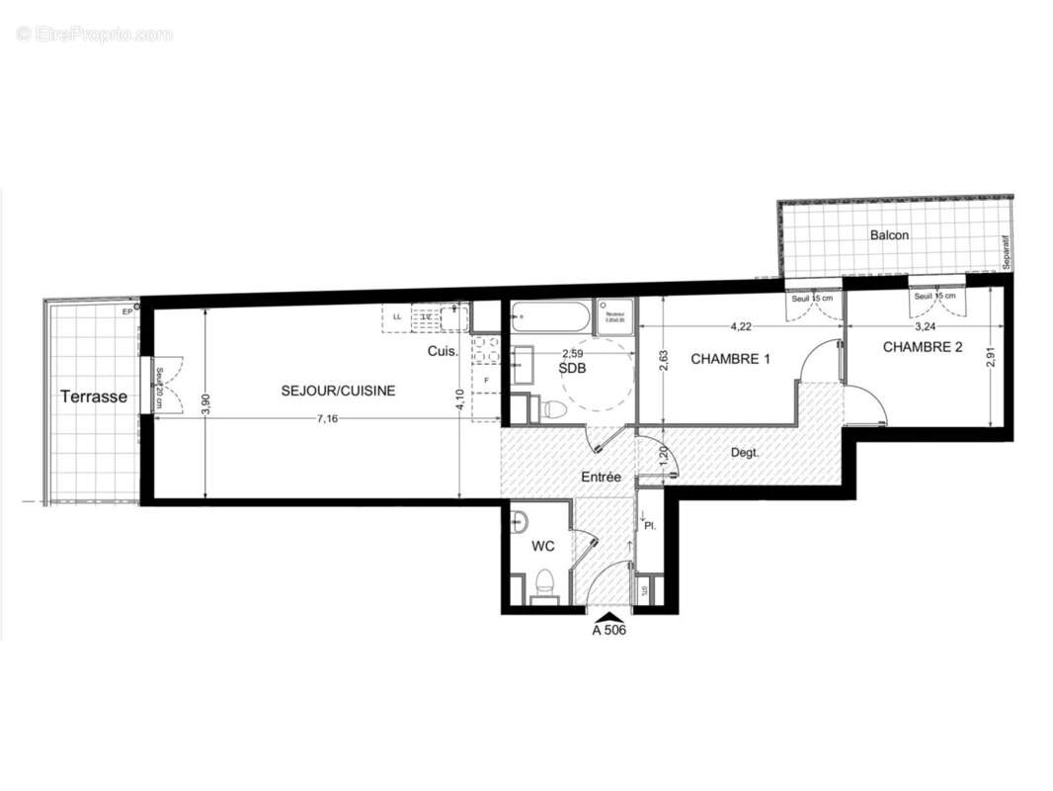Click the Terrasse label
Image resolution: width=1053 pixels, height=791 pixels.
(x=94, y=396)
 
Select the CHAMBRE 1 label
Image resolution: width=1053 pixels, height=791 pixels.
(x=730, y=359)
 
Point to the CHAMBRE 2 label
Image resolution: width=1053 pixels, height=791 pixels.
(x=923, y=347)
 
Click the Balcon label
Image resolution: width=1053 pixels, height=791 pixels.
(x=889, y=235)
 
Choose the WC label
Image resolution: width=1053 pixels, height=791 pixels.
(x=543, y=545)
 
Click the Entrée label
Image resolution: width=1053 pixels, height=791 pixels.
(x=601, y=477)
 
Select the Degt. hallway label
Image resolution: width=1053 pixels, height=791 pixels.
(x=745, y=453)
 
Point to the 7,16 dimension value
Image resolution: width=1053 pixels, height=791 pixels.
(x=327, y=419)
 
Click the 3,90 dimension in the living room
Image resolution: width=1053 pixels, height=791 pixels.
(x=204, y=405)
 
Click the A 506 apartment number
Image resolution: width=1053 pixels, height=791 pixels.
(x=609, y=629)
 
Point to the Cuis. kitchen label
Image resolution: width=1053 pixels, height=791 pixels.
(x=442, y=351)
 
